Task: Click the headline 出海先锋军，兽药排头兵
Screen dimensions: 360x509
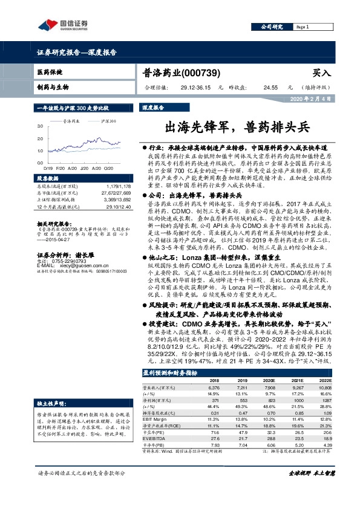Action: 237,127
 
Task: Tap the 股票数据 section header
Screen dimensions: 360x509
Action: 47,179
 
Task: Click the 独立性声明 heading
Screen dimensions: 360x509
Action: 50,402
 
